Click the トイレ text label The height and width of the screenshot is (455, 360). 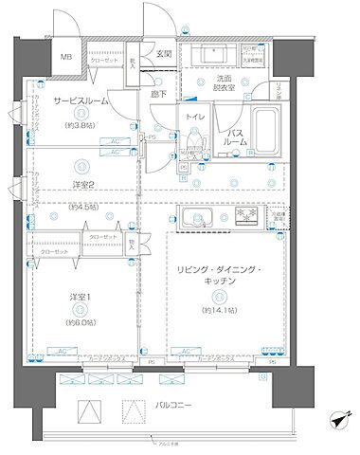point(194,117)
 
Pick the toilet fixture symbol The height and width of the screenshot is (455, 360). point(193,141)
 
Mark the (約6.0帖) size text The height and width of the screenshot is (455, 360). point(81,321)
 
